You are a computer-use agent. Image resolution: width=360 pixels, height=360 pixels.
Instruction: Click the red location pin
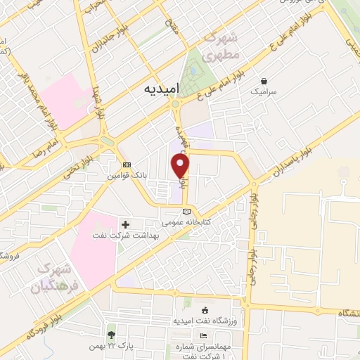pos(181,166)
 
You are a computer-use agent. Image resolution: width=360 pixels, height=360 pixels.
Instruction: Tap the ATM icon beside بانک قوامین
pos(127,165)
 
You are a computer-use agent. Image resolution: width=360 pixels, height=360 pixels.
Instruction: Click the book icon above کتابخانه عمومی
pos(186,211)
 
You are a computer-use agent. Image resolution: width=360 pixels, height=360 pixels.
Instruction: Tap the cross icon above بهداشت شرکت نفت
pos(126,225)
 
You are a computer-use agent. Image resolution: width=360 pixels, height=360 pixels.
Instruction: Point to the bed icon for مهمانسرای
pos(204,336)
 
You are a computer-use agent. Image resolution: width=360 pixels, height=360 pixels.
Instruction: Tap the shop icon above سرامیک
pos(264,81)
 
